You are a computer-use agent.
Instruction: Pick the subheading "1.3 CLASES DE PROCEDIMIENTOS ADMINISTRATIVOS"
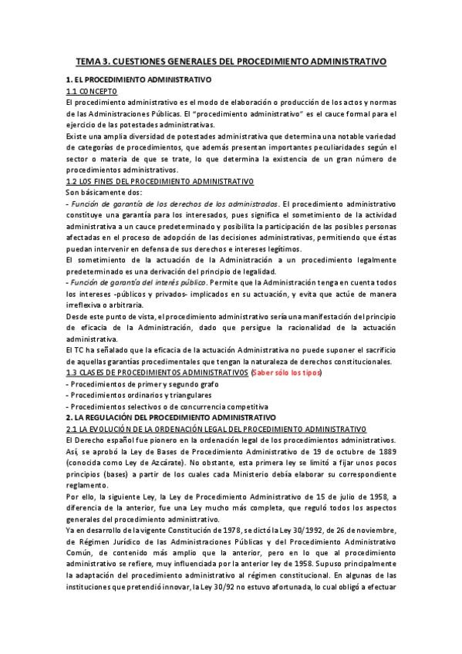coord(157,373)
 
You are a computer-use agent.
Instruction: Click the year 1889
coord(386,450)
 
